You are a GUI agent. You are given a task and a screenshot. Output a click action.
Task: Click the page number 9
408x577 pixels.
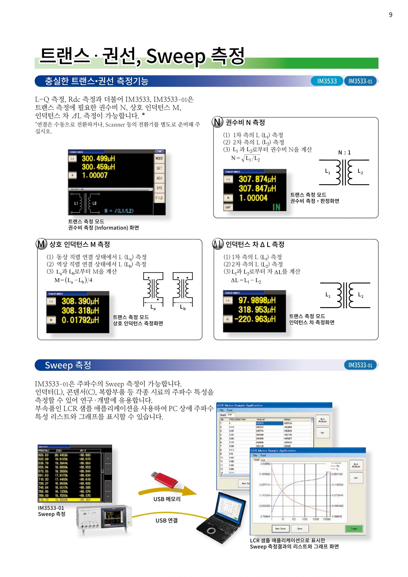pyautogui.click(x=390, y=15)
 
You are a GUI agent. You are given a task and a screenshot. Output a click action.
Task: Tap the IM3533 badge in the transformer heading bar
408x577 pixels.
pyautogui.click(x=327, y=81)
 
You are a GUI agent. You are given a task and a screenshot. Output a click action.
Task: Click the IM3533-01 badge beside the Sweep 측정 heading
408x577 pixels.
pyautogui.click(x=360, y=365)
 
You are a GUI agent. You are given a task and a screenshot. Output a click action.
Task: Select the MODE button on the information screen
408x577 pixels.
pyautogui.click(x=159, y=158)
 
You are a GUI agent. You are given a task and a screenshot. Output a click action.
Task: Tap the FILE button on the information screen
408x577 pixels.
pyautogui.click(x=159, y=198)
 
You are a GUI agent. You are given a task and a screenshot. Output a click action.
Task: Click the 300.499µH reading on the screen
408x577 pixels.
pyautogui.click(x=98, y=159)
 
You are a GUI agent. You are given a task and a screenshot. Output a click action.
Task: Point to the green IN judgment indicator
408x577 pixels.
pyautogui.click(x=276, y=207)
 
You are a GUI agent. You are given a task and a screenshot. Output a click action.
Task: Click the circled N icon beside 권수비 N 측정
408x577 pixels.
pyautogui.click(x=218, y=122)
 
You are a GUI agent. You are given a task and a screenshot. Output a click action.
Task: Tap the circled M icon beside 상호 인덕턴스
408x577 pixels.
pyautogui.click(x=41, y=244)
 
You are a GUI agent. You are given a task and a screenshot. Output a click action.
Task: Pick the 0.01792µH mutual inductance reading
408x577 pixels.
pyautogui.click(x=80, y=320)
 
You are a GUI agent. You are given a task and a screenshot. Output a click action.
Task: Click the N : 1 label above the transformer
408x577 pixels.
pyautogui.click(x=344, y=153)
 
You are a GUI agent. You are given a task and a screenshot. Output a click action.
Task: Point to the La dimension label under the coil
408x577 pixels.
pyautogui.click(x=153, y=307)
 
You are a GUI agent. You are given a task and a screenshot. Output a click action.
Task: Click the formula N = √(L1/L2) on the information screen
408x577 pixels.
pyautogui.click(x=119, y=211)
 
